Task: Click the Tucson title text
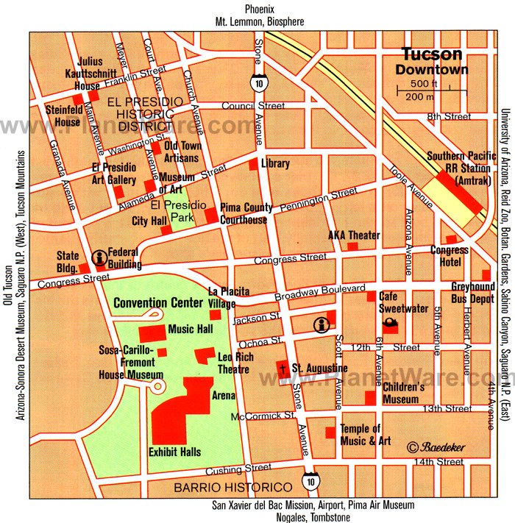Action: coord(431,54)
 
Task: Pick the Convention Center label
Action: coord(157,302)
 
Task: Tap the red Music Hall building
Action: coord(152,330)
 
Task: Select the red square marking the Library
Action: coord(253,164)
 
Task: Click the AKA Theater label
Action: coord(354,235)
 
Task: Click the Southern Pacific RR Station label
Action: coord(458,168)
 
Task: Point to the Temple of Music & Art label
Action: coord(360,435)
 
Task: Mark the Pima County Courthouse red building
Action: coord(211,216)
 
